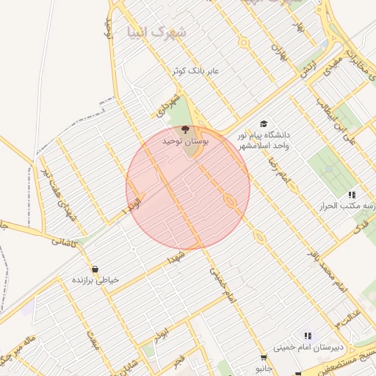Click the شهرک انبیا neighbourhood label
tap(156, 32)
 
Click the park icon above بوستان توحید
tap(184, 129)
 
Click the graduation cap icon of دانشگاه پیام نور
tap(263, 124)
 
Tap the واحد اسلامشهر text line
tap(263, 146)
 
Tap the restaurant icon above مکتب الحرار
tap(352, 195)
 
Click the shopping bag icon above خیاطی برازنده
tap(95, 269)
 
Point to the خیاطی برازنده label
tap(95, 281)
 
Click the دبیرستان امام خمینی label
tap(308, 347)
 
